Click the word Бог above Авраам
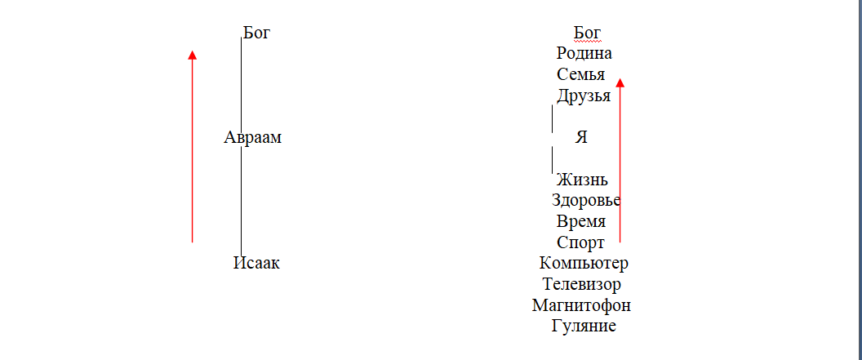click(255, 33)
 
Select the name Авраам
click(252, 138)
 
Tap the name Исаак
click(255, 264)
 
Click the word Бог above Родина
click(587, 33)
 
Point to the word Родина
click(584, 54)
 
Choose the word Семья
click(580, 75)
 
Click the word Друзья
click(584, 96)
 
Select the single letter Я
click(581, 138)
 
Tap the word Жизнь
click(582, 180)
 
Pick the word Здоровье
click(585, 201)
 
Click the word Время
click(581, 222)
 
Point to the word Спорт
click(580, 243)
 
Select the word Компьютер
click(584, 264)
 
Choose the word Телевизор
click(582, 285)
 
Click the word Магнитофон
click(581, 306)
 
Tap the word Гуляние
click(584, 327)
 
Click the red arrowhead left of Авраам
click(192, 55)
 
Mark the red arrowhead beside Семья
click(620, 82)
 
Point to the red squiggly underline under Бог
click(587, 41)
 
